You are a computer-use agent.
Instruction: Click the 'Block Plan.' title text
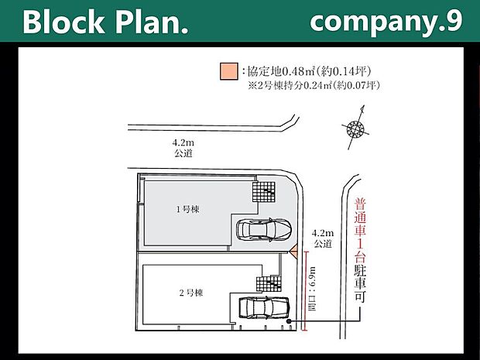(105, 22)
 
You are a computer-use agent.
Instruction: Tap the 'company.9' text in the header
(386, 22)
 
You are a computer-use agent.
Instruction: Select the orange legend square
(229, 72)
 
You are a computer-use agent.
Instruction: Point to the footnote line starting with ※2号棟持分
(314, 85)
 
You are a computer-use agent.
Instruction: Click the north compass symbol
(355, 128)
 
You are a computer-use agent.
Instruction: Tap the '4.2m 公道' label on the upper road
(183, 148)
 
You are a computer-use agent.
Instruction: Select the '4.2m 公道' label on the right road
(323, 238)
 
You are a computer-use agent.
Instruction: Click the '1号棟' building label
(188, 209)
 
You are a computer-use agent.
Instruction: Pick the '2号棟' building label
(191, 293)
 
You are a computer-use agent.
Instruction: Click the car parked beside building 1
(264, 229)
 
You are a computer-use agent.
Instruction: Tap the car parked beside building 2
(264, 307)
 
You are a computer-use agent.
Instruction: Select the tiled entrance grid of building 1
(264, 192)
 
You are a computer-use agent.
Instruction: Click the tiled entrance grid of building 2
(269, 283)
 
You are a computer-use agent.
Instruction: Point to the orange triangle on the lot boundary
(294, 252)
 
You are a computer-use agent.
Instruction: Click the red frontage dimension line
(304, 291)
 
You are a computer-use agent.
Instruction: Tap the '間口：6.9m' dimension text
(312, 289)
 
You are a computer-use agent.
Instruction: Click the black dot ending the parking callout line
(289, 321)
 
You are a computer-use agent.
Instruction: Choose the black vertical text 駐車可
(360, 284)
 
